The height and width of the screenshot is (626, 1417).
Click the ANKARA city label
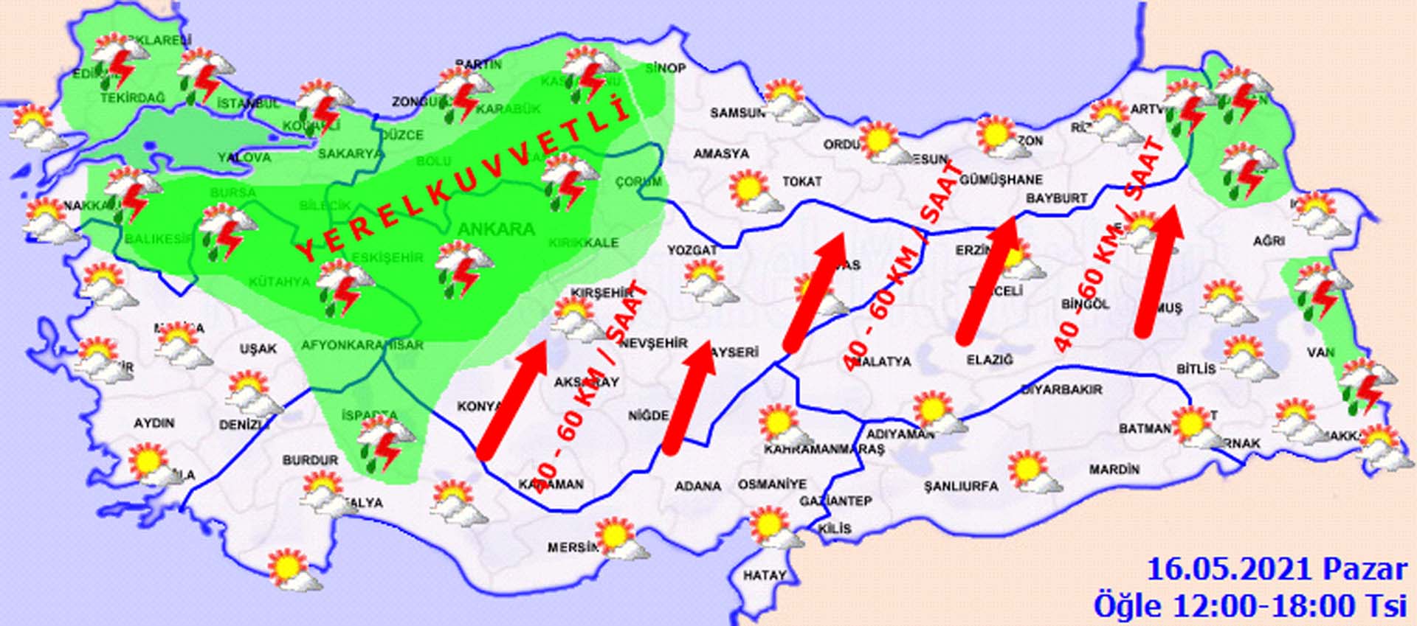point(495,229)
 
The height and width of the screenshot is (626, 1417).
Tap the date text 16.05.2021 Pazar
point(1277,570)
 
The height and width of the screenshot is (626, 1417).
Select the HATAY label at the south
point(764,575)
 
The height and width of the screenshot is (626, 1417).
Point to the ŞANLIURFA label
point(961,487)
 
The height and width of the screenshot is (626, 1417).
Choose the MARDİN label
point(1114,469)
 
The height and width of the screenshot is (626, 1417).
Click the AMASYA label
point(721,154)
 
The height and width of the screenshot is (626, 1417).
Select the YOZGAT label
point(692,251)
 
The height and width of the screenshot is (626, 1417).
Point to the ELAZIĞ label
point(990,360)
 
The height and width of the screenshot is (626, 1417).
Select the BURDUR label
point(310,460)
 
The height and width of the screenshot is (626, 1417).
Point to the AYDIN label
point(154,423)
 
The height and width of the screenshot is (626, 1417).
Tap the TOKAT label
point(801,181)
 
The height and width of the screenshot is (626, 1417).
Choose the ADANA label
point(697,487)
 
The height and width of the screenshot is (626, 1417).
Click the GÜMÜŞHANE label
point(1001,179)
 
